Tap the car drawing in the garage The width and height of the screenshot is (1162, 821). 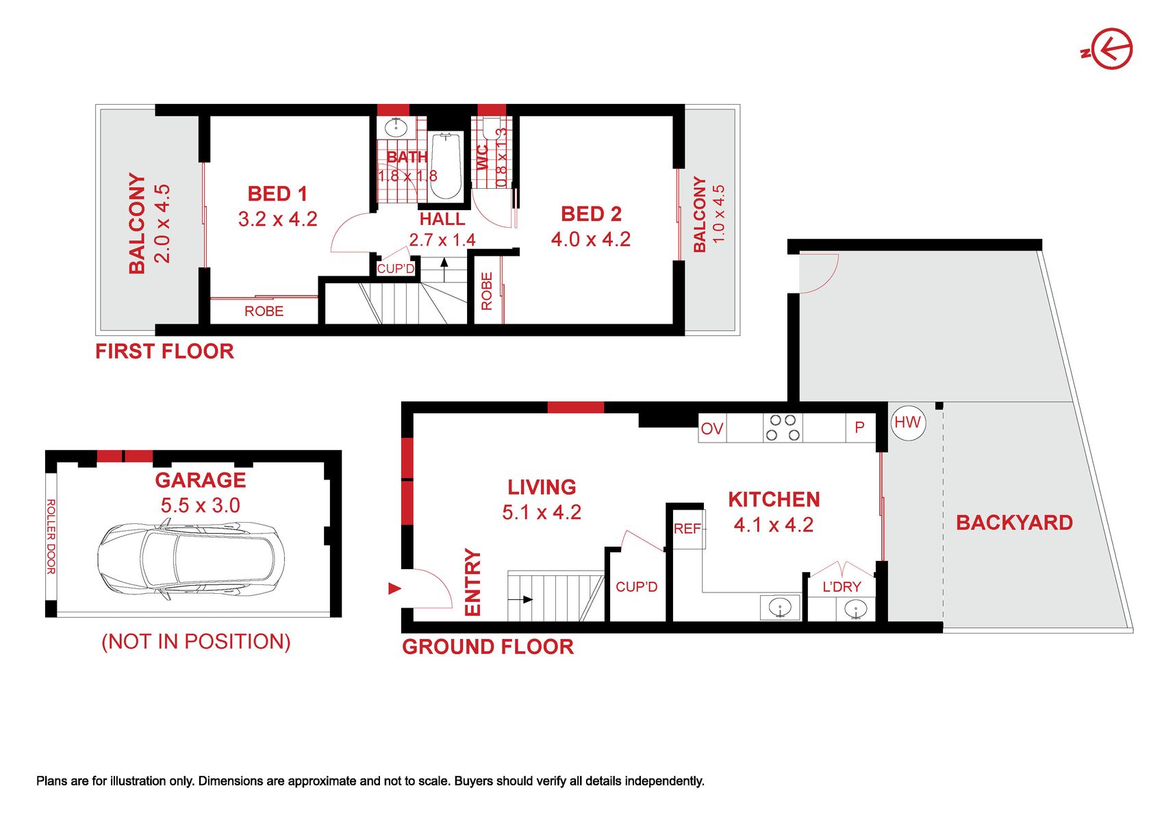click(191, 561)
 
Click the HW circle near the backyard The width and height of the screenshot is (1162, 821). click(908, 423)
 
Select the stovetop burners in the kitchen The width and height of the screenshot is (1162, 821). click(783, 428)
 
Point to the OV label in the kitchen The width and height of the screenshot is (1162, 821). click(711, 429)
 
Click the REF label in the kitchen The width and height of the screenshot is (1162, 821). click(687, 529)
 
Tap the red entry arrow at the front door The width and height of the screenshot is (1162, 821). click(395, 588)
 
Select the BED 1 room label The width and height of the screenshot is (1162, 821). click(277, 194)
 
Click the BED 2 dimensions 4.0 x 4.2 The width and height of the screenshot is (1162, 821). click(591, 239)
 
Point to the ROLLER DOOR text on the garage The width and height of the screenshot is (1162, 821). click(51, 536)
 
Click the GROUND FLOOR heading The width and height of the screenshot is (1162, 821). click(488, 647)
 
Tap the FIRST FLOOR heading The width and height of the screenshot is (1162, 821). click(164, 352)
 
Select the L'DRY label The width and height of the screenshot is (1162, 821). click(842, 587)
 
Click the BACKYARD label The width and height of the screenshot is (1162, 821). click(1015, 523)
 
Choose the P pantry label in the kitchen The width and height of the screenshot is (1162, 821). click(859, 428)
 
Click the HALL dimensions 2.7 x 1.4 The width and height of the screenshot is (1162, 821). click(442, 240)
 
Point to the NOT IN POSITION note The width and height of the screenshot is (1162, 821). click(196, 642)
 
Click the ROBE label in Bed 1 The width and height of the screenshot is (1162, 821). click(264, 311)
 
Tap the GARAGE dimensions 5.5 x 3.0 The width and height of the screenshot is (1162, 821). click(200, 506)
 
